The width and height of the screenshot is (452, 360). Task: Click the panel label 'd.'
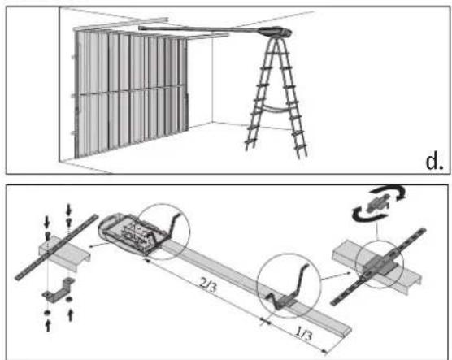coord(434,162)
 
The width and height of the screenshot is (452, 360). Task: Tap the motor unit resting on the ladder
coord(276,31)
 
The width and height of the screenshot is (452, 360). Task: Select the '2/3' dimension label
coord(208,284)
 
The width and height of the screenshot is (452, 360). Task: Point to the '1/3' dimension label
coord(304,333)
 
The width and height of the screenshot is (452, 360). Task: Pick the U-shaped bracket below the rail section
coord(59,290)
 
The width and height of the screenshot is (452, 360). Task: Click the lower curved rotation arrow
coord(365,213)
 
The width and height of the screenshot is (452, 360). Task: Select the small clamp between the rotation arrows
coord(379,202)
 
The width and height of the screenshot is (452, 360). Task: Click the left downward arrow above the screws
coord(47,221)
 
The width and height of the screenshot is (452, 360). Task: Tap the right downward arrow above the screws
coord(68,210)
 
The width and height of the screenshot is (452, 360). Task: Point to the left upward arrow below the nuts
coord(48,325)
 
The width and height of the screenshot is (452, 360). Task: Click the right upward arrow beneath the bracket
coord(70,315)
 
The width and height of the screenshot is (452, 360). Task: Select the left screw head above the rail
coord(48,236)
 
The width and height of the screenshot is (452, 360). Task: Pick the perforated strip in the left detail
coord(56,246)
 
